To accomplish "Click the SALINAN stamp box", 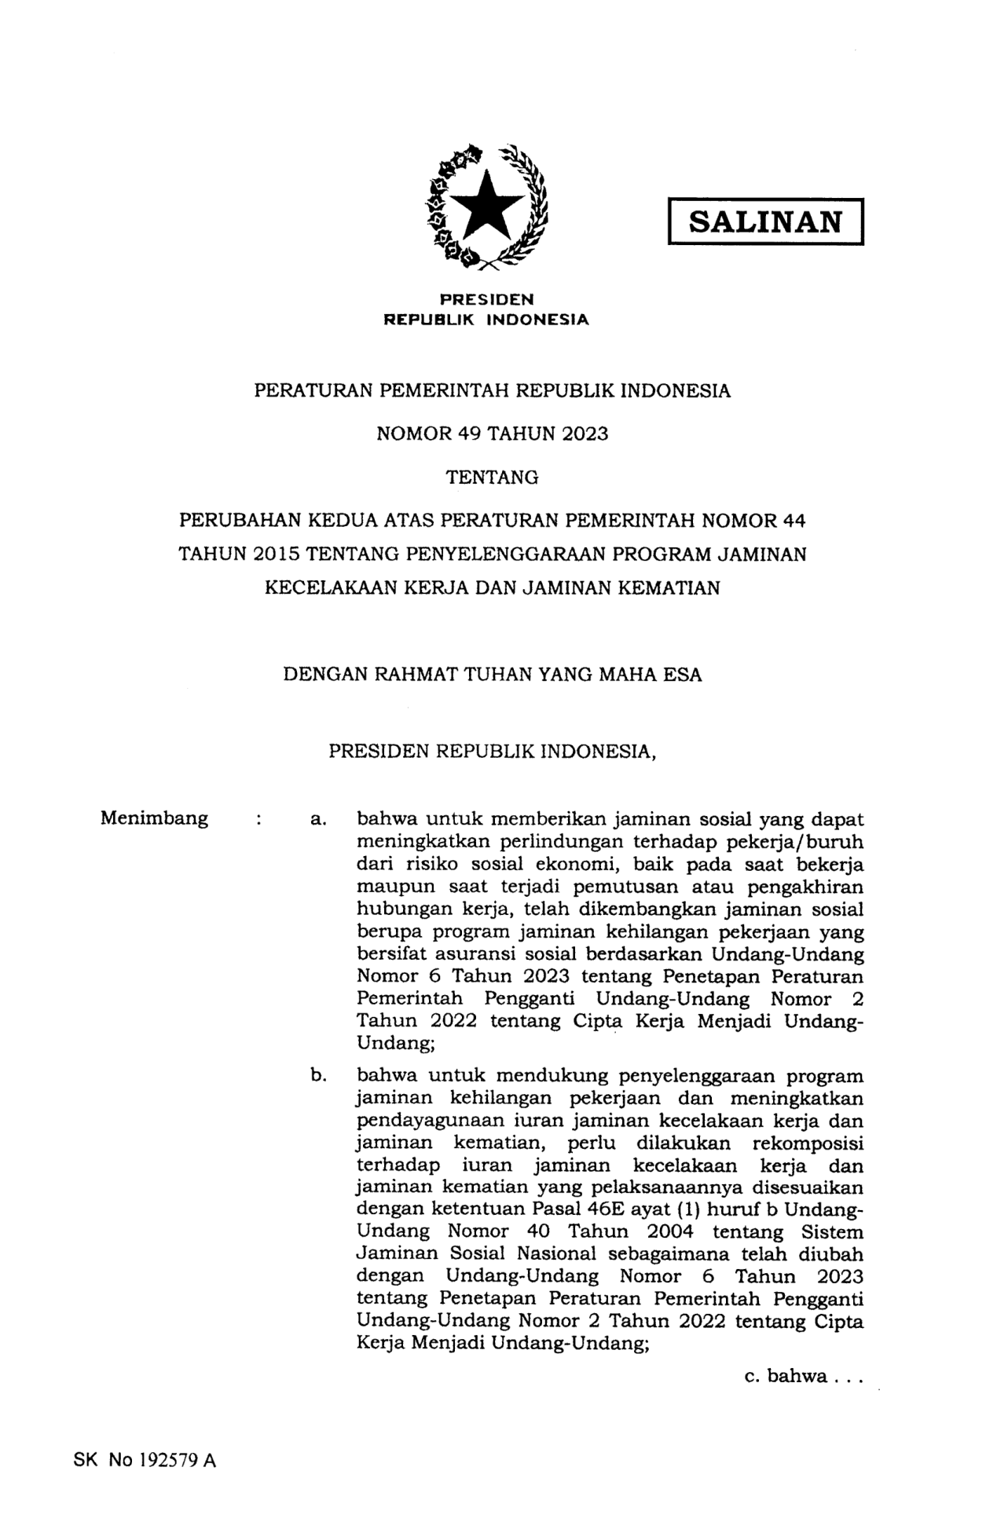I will [765, 222].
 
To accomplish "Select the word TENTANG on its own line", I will [492, 477].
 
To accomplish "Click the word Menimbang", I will [154, 818].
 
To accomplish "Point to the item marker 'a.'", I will [318, 820].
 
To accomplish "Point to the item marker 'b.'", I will [318, 1075].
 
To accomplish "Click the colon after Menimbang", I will [258, 820].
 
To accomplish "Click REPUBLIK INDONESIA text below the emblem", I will [486, 320].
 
